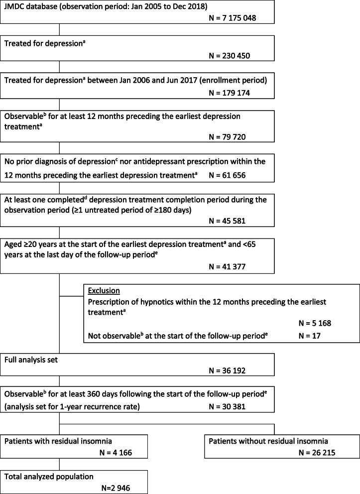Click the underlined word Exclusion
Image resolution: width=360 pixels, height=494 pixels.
pos(103,290)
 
